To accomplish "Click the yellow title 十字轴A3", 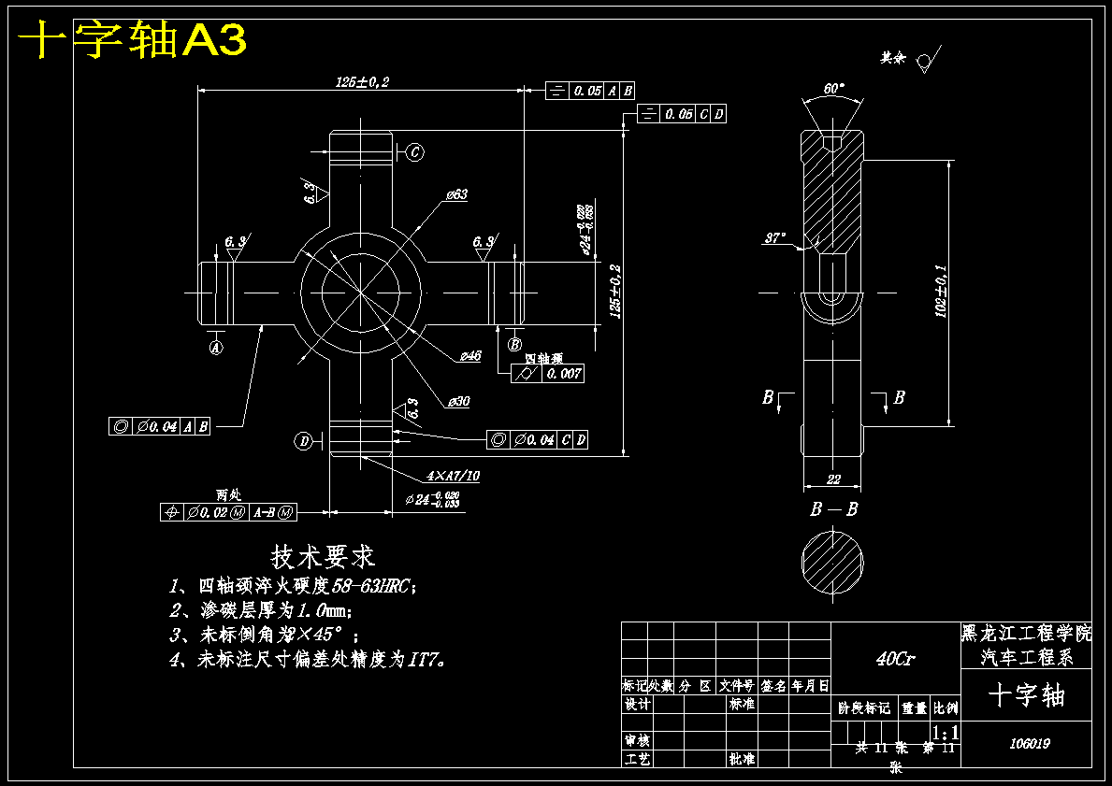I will pyautogui.click(x=133, y=40).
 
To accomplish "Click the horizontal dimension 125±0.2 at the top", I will pyautogui.click(x=362, y=82).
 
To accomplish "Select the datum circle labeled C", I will pyautogui.click(x=415, y=151).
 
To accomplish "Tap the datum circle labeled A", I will pyautogui.click(x=216, y=347).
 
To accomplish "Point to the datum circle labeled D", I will pyautogui.click(x=304, y=441).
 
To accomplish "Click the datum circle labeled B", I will pyautogui.click(x=514, y=345).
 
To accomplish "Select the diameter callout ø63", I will pyautogui.click(x=456, y=194).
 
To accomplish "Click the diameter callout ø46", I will pyautogui.click(x=469, y=356).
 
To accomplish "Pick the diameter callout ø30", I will pyautogui.click(x=458, y=401).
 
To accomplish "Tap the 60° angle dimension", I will pyautogui.click(x=833, y=89).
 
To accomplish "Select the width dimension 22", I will pyautogui.click(x=833, y=479).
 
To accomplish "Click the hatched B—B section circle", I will pyautogui.click(x=832, y=561).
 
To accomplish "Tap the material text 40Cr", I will pyautogui.click(x=895, y=659).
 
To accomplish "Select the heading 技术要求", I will pyautogui.click(x=323, y=557).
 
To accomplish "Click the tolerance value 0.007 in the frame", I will pyautogui.click(x=564, y=374).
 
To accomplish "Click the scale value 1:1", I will pyautogui.click(x=946, y=732).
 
